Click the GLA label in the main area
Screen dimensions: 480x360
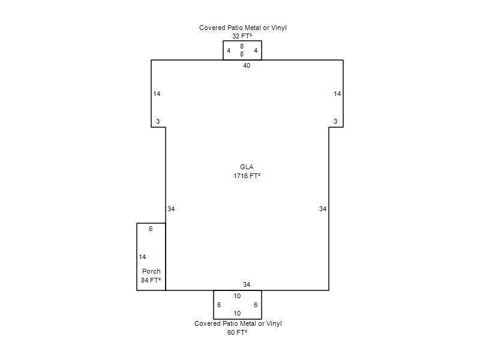click(x=247, y=167)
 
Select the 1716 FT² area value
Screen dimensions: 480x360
click(x=247, y=176)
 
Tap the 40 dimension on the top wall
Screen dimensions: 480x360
click(x=247, y=65)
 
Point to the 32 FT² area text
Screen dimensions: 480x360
click(x=242, y=36)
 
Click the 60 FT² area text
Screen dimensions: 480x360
click(x=237, y=332)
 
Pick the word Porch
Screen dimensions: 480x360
click(x=151, y=271)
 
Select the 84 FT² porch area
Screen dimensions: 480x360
click(x=151, y=280)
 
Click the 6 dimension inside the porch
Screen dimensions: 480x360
click(x=151, y=229)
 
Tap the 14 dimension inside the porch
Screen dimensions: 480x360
click(x=142, y=257)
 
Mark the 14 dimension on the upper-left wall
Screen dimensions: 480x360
click(x=157, y=94)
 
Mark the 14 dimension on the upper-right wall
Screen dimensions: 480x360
click(x=337, y=94)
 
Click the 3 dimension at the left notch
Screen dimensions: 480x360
click(x=158, y=121)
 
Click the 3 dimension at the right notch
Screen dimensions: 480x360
click(x=335, y=121)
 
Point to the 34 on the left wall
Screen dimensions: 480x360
click(x=171, y=209)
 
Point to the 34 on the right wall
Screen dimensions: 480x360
click(x=323, y=209)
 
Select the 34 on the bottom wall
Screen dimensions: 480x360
click(x=247, y=284)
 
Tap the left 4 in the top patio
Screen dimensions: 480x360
click(x=229, y=50)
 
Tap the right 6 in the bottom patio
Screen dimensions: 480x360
click(x=256, y=305)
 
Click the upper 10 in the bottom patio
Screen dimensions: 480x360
click(x=237, y=296)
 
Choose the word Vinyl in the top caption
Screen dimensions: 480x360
click(x=278, y=28)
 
